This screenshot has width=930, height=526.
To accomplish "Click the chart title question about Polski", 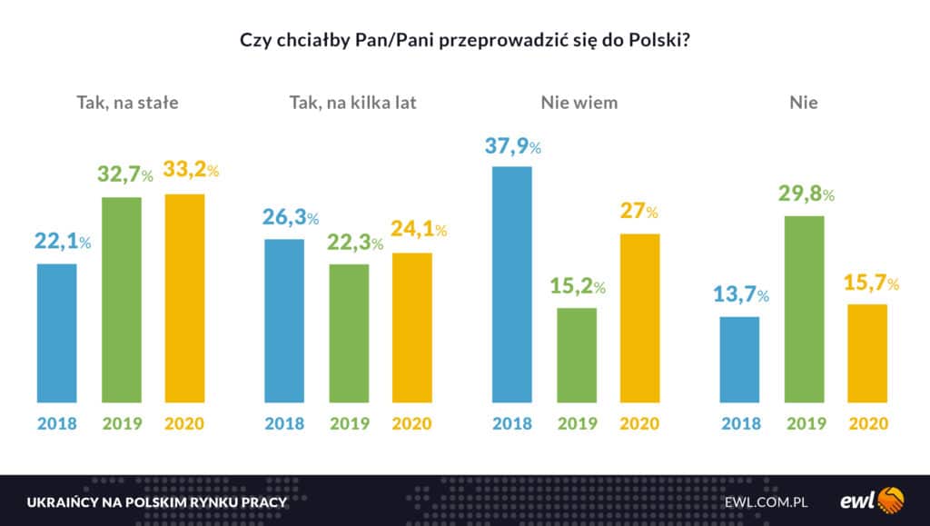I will (x=464, y=40).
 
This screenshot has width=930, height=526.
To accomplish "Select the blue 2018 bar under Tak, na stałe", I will (x=56, y=332).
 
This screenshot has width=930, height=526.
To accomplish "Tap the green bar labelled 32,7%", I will (x=121, y=300).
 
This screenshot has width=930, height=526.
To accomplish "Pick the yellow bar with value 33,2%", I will (x=184, y=298).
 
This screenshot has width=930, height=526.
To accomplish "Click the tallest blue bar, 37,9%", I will (x=512, y=284).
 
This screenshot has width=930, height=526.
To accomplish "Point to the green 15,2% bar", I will (x=577, y=355).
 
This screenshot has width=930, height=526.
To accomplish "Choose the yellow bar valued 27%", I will (x=639, y=318).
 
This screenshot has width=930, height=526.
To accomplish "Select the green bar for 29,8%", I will (x=804, y=309).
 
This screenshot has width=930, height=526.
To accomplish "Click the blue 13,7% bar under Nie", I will (x=739, y=360).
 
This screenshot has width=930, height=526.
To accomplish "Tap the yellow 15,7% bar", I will (x=867, y=353).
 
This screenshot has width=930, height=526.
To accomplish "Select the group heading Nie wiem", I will (x=579, y=103).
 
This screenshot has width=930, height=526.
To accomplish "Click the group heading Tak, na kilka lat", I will (x=352, y=103).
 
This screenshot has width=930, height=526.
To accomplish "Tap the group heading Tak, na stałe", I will (x=127, y=103).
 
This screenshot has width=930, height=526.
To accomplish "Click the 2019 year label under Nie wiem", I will (x=577, y=423).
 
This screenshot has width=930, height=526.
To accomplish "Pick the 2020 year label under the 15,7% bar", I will (x=867, y=423).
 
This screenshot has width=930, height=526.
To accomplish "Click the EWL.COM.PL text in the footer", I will (x=767, y=501).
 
